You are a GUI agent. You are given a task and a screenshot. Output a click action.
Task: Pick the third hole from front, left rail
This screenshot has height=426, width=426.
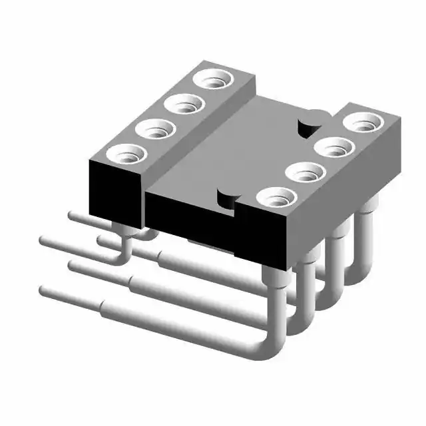[184, 104]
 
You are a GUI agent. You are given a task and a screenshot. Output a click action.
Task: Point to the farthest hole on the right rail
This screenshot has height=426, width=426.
[365, 122]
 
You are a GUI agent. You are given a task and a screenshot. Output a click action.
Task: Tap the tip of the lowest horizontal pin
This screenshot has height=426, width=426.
[45, 290]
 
